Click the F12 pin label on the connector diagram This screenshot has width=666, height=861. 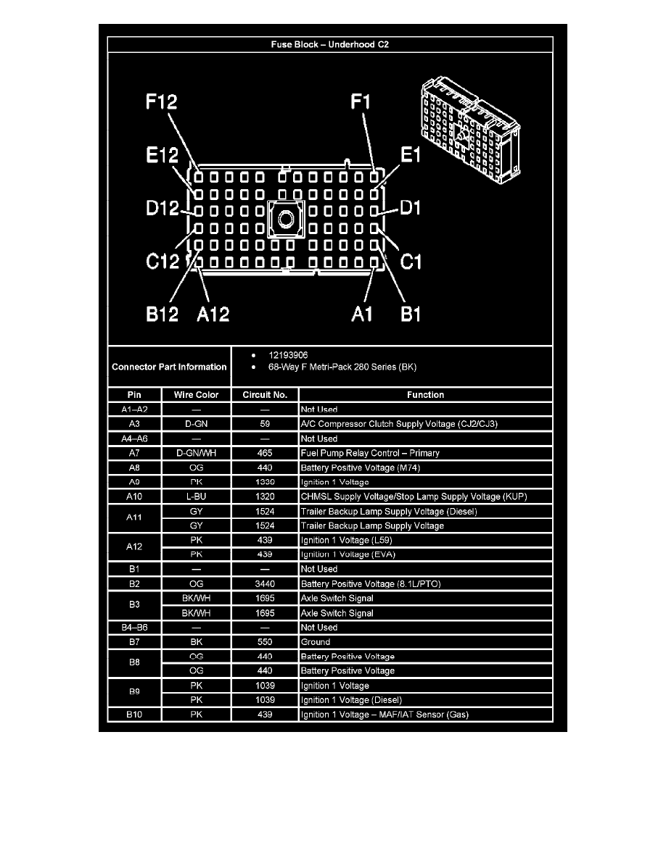coord(161,102)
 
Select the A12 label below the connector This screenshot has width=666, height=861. coord(213,314)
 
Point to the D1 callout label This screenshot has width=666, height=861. coord(411,209)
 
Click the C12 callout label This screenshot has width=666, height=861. coord(163,260)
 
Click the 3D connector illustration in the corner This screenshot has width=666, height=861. coord(469,124)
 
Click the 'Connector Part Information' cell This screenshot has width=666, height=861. coord(169,367)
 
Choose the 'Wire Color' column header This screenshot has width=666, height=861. coord(197,395)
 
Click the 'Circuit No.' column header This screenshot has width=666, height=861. coord(265,395)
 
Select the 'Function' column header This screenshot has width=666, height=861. coord(425,395)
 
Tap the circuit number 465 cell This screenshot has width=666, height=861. coord(265,453)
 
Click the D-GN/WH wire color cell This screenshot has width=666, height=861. coord(197,453)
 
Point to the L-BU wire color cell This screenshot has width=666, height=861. coord(197,496)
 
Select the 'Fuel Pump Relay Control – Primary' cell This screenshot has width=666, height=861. coord(370,453)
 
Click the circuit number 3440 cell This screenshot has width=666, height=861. coord(265,583)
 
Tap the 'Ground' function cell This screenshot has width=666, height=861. coord(316,641)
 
